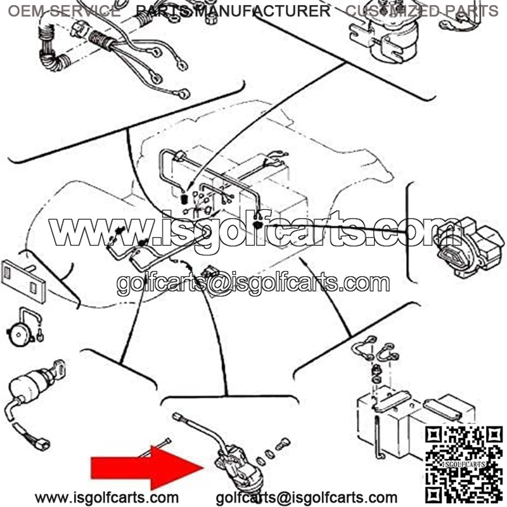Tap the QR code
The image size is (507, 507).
[x=464, y=465]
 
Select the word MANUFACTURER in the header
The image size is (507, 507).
[x=263, y=11]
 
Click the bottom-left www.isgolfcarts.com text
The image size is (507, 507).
[x=106, y=497]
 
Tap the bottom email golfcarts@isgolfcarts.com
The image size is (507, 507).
[x=306, y=497]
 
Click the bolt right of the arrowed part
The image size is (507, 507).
[x=282, y=444]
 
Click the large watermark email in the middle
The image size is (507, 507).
[x=253, y=283]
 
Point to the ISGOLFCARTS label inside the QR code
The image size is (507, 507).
[x=464, y=465]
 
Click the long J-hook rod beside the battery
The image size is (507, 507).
[x=378, y=437]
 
